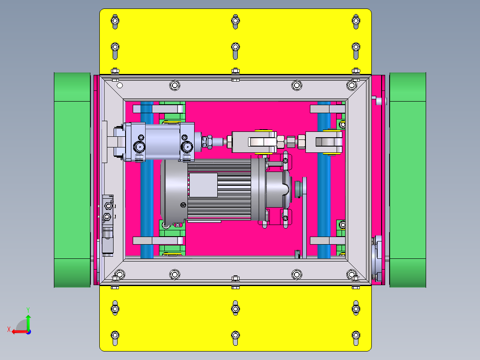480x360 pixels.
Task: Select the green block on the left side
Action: (72, 180)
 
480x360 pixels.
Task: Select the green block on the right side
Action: (407, 180)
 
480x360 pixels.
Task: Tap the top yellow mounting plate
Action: (236, 41)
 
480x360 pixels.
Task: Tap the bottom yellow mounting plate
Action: (236, 318)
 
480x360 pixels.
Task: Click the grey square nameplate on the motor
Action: (203, 185)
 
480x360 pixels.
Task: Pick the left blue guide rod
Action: (146, 180)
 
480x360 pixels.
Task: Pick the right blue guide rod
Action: (324, 180)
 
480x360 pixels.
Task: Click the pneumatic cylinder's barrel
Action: (162, 142)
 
